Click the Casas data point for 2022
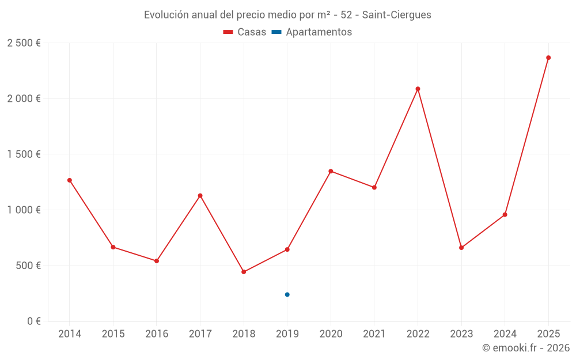tap(418, 89)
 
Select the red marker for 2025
tap(548, 58)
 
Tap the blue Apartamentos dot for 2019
tap(287, 294)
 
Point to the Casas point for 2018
tap(244, 272)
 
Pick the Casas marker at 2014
tap(70, 180)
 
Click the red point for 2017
tap(200, 196)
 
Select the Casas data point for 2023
tap(461, 248)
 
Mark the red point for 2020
tap(331, 171)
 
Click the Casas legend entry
tap(245, 32)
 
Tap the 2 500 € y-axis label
tap(24, 43)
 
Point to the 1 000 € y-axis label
tap(24, 210)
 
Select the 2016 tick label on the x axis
tap(157, 334)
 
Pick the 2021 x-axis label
tap(374, 334)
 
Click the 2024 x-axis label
tap(505, 334)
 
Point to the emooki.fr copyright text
tap(525, 348)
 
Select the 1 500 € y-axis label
tap(24, 154)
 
